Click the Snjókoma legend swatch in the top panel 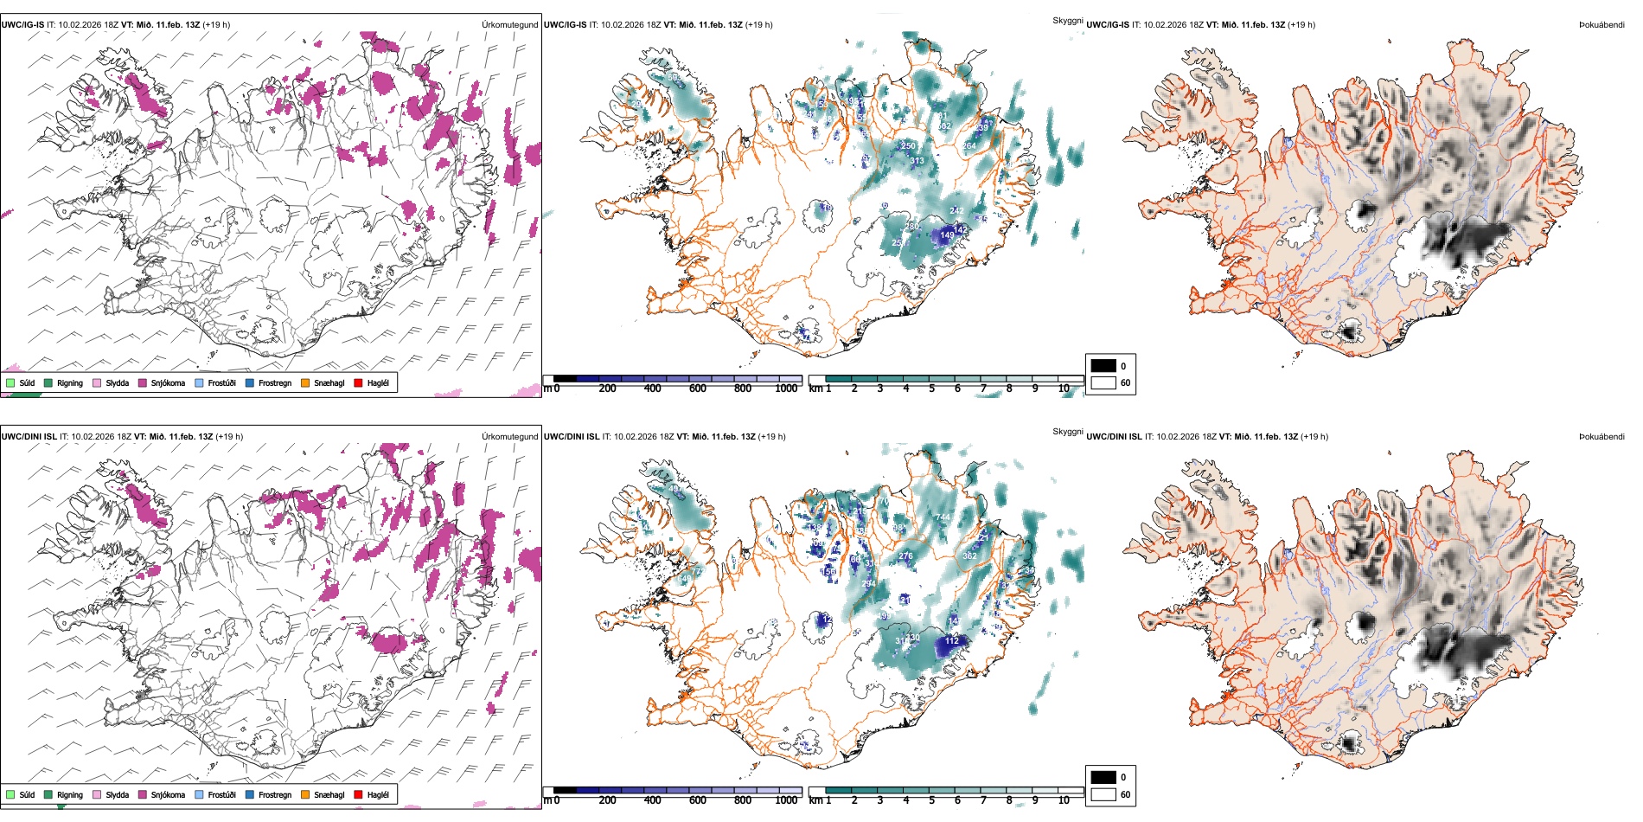tap(143, 382)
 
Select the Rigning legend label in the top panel tap(70, 383)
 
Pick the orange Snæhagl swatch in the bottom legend tap(305, 794)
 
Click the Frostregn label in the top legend tap(275, 383)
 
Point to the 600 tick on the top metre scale tap(698, 389)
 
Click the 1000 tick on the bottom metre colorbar tap(786, 800)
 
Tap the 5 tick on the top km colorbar tap(932, 389)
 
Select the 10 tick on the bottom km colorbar tap(1064, 800)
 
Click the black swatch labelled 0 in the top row tap(1103, 366)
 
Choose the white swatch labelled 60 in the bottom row tap(1103, 794)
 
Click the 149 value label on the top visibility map tap(948, 235)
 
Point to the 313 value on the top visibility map tap(917, 161)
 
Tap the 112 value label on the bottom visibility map tap(952, 641)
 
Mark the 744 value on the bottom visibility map tap(943, 517)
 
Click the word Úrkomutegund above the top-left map tap(509, 25)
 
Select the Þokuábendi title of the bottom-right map tap(1601, 437)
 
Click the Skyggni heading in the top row tap(1067, 21)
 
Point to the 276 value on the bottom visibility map tap(905, 556)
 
